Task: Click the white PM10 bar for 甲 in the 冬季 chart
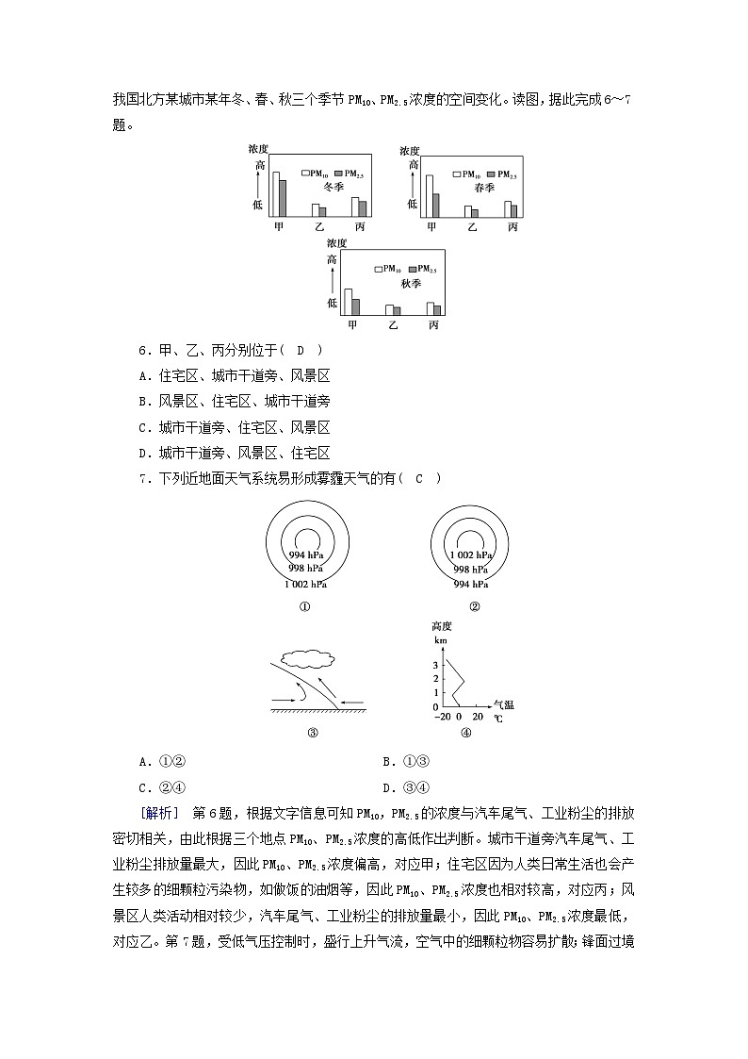click(276, 194)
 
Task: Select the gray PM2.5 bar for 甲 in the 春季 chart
click(435, 206)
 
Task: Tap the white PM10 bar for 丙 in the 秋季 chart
click(430, 308)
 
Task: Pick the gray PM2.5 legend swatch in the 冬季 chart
click(337, 174)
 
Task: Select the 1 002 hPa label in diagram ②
click(474, 555)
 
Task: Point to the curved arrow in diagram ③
click(299, 692)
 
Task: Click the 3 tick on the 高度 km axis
click(435, 665)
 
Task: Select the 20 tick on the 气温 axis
click(478, 717)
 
